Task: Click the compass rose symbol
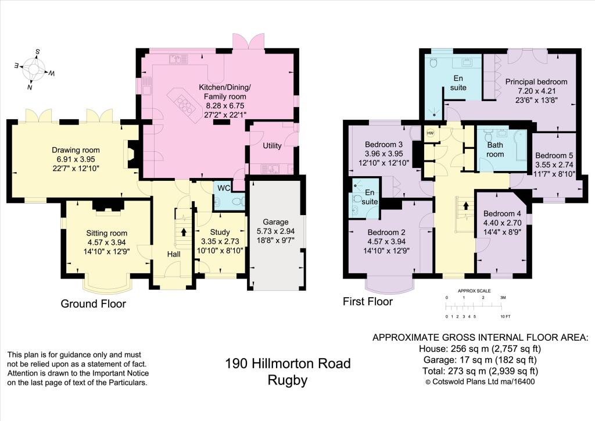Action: pyautogui.click(x=34, y=70)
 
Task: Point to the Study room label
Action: pyautogui.click(x=216, y=233)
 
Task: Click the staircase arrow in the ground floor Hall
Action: pyautogui.click(x=184, y=232)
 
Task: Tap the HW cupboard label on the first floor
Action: pyautogui.click(x=431, y=133)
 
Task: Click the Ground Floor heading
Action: pyautogui.click(x=94, y=304)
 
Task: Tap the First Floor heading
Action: pyautogui.click(x=367, y=301)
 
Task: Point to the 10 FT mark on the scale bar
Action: pyautogui.click(x=505, y=316)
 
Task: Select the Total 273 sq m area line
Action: pyautogui.click(x=479, y=370)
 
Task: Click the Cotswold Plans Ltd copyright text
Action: pyautogui.click(x=480, y=381)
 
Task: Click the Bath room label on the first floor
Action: pyautogui.click(x=495, y=150)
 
